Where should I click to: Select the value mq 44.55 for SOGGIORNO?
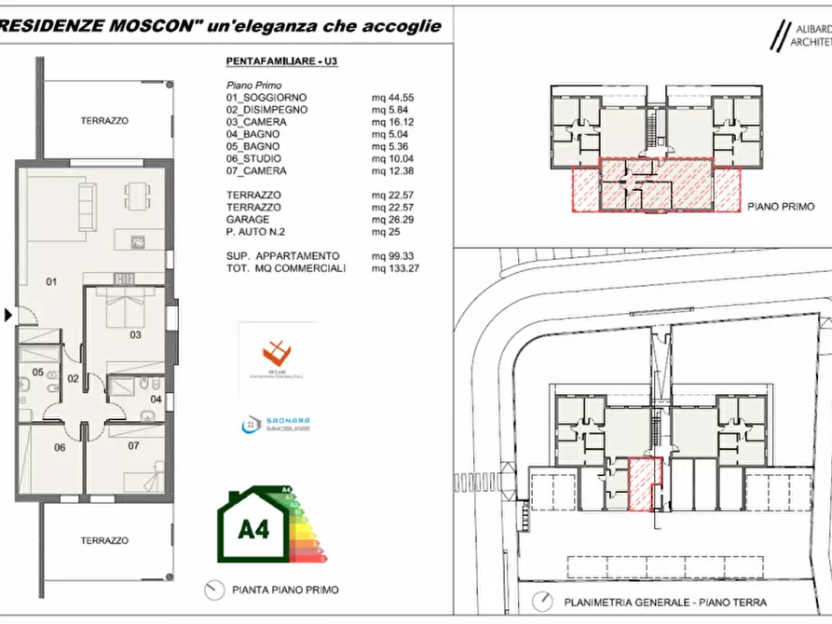coord(391,97)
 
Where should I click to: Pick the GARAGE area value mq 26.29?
coord(391,219)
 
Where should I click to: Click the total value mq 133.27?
coord(394,268)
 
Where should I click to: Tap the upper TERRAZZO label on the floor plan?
coord(104,120)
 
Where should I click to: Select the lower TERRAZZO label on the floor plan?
coord(104,540)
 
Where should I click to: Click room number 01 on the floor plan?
coord(52,280)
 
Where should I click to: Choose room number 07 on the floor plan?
coord(133,445)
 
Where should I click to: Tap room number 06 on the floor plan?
coord(59,447)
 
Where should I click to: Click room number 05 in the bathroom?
coord(38,372)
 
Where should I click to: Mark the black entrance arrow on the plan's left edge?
coord(8,316)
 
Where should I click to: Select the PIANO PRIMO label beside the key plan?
coord(781,207)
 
